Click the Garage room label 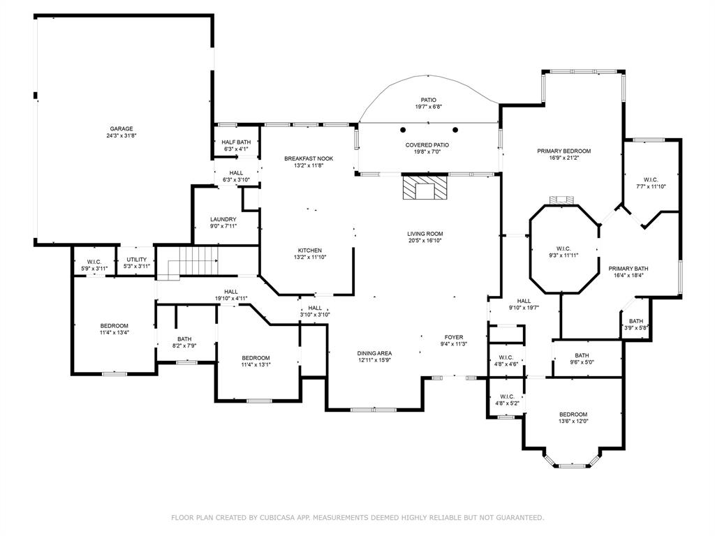point(121,128)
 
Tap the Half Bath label point(236,142)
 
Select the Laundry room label point(224,219)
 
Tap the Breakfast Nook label point(309,158)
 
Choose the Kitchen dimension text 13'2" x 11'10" point(309,258)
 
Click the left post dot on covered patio point(402,130)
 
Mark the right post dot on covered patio point(455,130)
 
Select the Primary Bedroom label point(563,151)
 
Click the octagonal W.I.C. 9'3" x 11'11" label point(563,248)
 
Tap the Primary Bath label point(628,269)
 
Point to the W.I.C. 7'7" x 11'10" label point(651,179)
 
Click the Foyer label point(454,336)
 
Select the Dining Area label point(374,353)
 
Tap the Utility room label point(136,259)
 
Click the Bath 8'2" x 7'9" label point(184,338)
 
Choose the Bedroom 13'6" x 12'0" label point(573,414)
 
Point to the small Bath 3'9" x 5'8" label point(635,321)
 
